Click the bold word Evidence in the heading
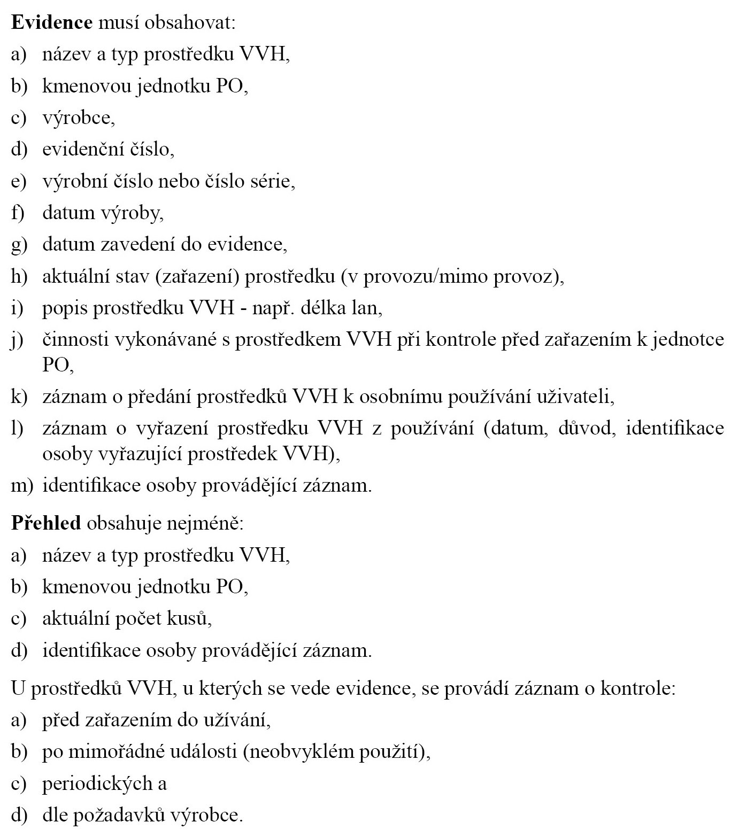[x=52, y=23]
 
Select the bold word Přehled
[x=46, y=522]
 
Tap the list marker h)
[x=19, y=276]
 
